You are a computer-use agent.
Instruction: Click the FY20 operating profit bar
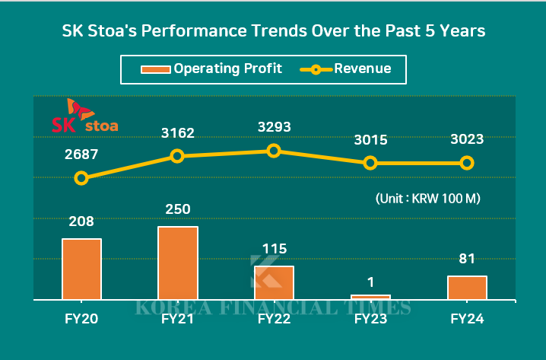tap(81, 269)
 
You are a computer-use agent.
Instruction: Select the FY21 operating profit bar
tap(178, 263)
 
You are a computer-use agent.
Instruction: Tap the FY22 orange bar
tap(274, 282)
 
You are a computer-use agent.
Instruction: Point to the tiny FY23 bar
tap(370, 297)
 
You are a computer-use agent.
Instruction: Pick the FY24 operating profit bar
tap(467, 288)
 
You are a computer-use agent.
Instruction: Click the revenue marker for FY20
tap(81, 178)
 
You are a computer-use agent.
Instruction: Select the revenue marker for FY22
tap(274, 151)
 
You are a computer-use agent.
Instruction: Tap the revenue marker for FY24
tap(467, 163)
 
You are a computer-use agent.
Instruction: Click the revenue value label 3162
tap(178, 133)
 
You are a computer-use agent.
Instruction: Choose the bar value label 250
tap(178, 209)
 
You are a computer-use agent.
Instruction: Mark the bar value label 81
tap(467, 259)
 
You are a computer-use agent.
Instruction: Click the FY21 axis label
tap(178, 320)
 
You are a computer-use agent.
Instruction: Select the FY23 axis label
tap(370, 320)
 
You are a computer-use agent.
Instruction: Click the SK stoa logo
tap(84, 116)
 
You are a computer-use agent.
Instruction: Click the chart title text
tap(273, 31)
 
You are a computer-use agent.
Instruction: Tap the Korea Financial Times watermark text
tap(274, 307)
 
